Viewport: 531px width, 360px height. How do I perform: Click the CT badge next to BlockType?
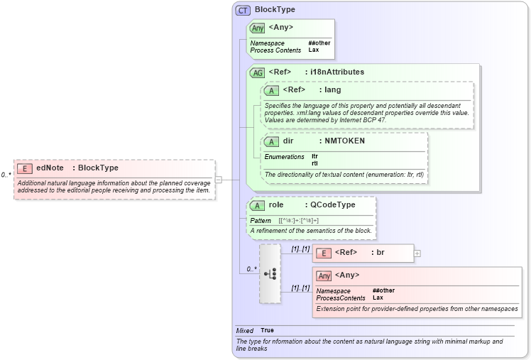tap(243, 10)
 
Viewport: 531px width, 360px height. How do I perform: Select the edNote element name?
tap(50, 168)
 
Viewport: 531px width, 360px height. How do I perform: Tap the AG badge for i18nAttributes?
tap(257, 72)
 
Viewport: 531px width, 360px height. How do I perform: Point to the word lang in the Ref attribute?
tap(332, 90)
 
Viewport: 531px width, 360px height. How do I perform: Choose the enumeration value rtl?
tap(314, 164)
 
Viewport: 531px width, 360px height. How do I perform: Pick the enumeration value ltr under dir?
tap(314, 156)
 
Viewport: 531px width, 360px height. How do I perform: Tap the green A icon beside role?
tap(257, 205)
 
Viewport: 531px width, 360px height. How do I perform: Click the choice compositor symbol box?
tap(270, 273)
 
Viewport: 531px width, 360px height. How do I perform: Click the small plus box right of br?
tap(417, 253)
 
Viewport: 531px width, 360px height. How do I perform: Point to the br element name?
tap(380, 253)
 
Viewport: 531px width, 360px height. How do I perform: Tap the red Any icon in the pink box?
tap(324, 276)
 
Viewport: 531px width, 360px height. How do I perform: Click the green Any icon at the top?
tap(257, 28)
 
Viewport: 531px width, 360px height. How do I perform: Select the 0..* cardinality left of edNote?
tap(6, 175)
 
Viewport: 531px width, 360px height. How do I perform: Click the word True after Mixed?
tap(267, 331)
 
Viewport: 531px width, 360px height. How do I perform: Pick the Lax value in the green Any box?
tap(313, 50)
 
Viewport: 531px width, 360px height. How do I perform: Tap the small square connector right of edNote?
tap(219, 180)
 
